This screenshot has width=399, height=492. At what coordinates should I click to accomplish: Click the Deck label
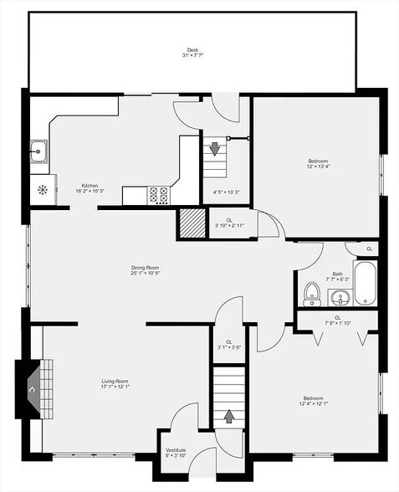[192, 49]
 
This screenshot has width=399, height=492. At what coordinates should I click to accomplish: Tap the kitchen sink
[38, 152]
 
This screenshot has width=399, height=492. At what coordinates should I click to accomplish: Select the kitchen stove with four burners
[160, 195]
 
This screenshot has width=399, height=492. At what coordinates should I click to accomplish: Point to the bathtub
[366, 283]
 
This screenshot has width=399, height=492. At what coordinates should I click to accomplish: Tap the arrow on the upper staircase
[215, 149]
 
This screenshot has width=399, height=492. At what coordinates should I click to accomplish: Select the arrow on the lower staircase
[228, 416]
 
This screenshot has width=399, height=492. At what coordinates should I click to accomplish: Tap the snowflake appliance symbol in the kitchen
[39, 188]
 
